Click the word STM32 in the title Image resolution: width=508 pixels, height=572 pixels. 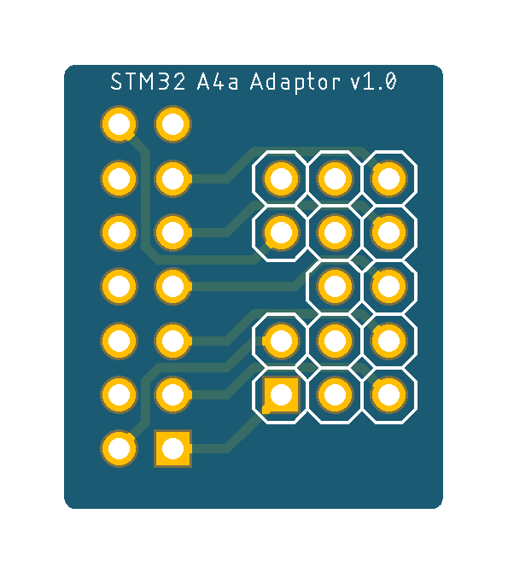(x=148, y=81)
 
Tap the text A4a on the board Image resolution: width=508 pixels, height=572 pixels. (x=218, y=81)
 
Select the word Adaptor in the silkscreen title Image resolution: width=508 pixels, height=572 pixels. (x=295, y=82)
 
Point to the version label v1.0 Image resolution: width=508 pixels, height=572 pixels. (x=373, y=81)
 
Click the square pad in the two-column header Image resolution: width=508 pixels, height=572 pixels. (x=172, y=448)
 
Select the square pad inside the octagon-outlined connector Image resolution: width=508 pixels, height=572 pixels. (x=281, y=394)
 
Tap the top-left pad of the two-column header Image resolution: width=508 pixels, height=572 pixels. (x=119, y=124)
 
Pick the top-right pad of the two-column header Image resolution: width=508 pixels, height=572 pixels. (x=172, y=124)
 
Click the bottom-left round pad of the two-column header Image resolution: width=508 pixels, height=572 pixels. (x=119, y=448)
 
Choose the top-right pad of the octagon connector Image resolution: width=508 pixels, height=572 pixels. (x=388, y=178)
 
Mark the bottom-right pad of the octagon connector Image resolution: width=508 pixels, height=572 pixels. (x=388, y=394)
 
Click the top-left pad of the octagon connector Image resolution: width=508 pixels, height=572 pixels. (x=281, y=178)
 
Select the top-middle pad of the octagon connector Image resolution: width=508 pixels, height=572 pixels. (x=335, y=178)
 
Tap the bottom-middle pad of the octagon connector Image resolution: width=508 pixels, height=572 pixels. (x=335, y=394)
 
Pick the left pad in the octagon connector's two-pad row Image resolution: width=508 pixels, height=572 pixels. (x=335, y=286)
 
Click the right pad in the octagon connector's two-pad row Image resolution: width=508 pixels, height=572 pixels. (x=388, y=286)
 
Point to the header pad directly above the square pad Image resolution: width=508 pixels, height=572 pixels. (x=172, y=394)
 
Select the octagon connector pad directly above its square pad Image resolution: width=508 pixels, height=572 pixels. (x=281, y=341)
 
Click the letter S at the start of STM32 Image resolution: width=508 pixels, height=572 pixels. (x=116, y=81)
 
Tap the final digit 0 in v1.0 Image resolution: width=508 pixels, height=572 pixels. (x=390, y=81)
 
